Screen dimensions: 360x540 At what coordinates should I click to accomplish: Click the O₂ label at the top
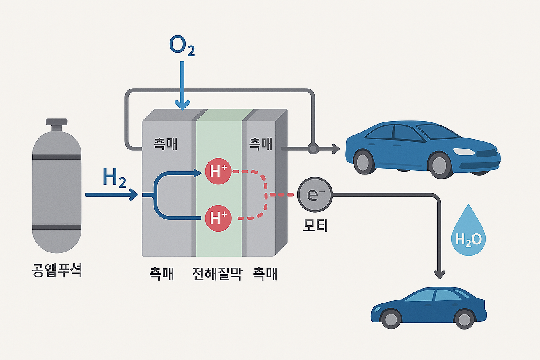coord(182,46)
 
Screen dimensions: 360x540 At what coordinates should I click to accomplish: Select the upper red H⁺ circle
coord(218,171)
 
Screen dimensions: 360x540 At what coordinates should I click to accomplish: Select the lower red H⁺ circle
coord(218,218)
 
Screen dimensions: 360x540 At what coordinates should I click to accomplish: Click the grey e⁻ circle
coord(315,195)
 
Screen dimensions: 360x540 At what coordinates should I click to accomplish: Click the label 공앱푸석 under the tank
coord(57,270)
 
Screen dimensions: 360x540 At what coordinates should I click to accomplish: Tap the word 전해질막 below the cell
coord(217,274)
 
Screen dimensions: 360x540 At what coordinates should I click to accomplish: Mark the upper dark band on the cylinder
coord(57,157)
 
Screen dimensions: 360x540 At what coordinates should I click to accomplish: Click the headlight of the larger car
coord(463,152)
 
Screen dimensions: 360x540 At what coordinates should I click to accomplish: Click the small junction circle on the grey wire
coord(313,149)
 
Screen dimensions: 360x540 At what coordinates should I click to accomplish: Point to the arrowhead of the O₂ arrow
coord(182,106)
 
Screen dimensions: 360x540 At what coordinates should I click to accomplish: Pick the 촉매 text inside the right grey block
coord(261,144)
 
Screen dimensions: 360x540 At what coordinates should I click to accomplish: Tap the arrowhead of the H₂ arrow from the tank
coord(134,195)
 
